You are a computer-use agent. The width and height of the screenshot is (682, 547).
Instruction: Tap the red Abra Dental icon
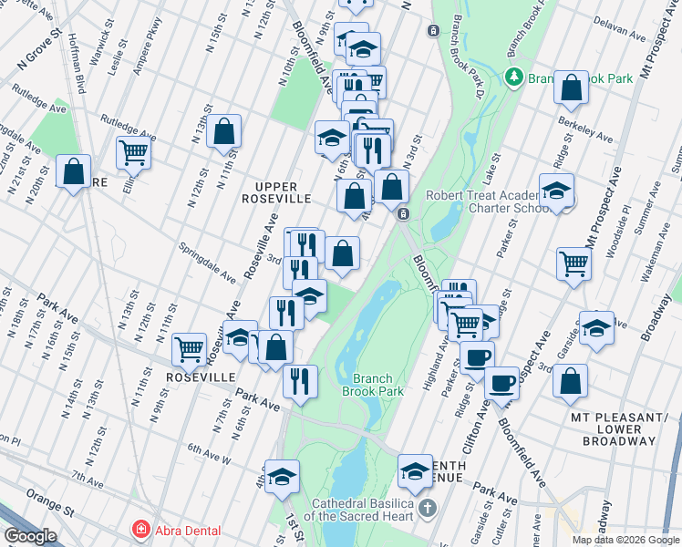point(140,530)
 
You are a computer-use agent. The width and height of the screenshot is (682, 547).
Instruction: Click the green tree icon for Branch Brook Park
point(515,77)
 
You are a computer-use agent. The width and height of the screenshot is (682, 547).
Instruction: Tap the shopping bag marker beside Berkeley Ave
point(571,88)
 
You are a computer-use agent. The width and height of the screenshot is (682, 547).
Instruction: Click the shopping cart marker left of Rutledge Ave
point(133,153)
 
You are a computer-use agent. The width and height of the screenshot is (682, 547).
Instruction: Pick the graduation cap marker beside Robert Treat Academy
point(556,191)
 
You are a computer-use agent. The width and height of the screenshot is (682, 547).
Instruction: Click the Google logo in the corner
point(30,536)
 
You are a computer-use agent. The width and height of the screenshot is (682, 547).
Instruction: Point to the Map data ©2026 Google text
point(626,540)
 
